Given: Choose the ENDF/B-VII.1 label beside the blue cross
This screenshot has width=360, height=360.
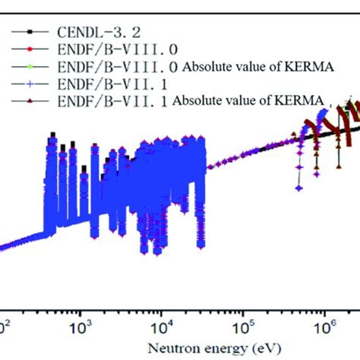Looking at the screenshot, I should click(83, 83).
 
